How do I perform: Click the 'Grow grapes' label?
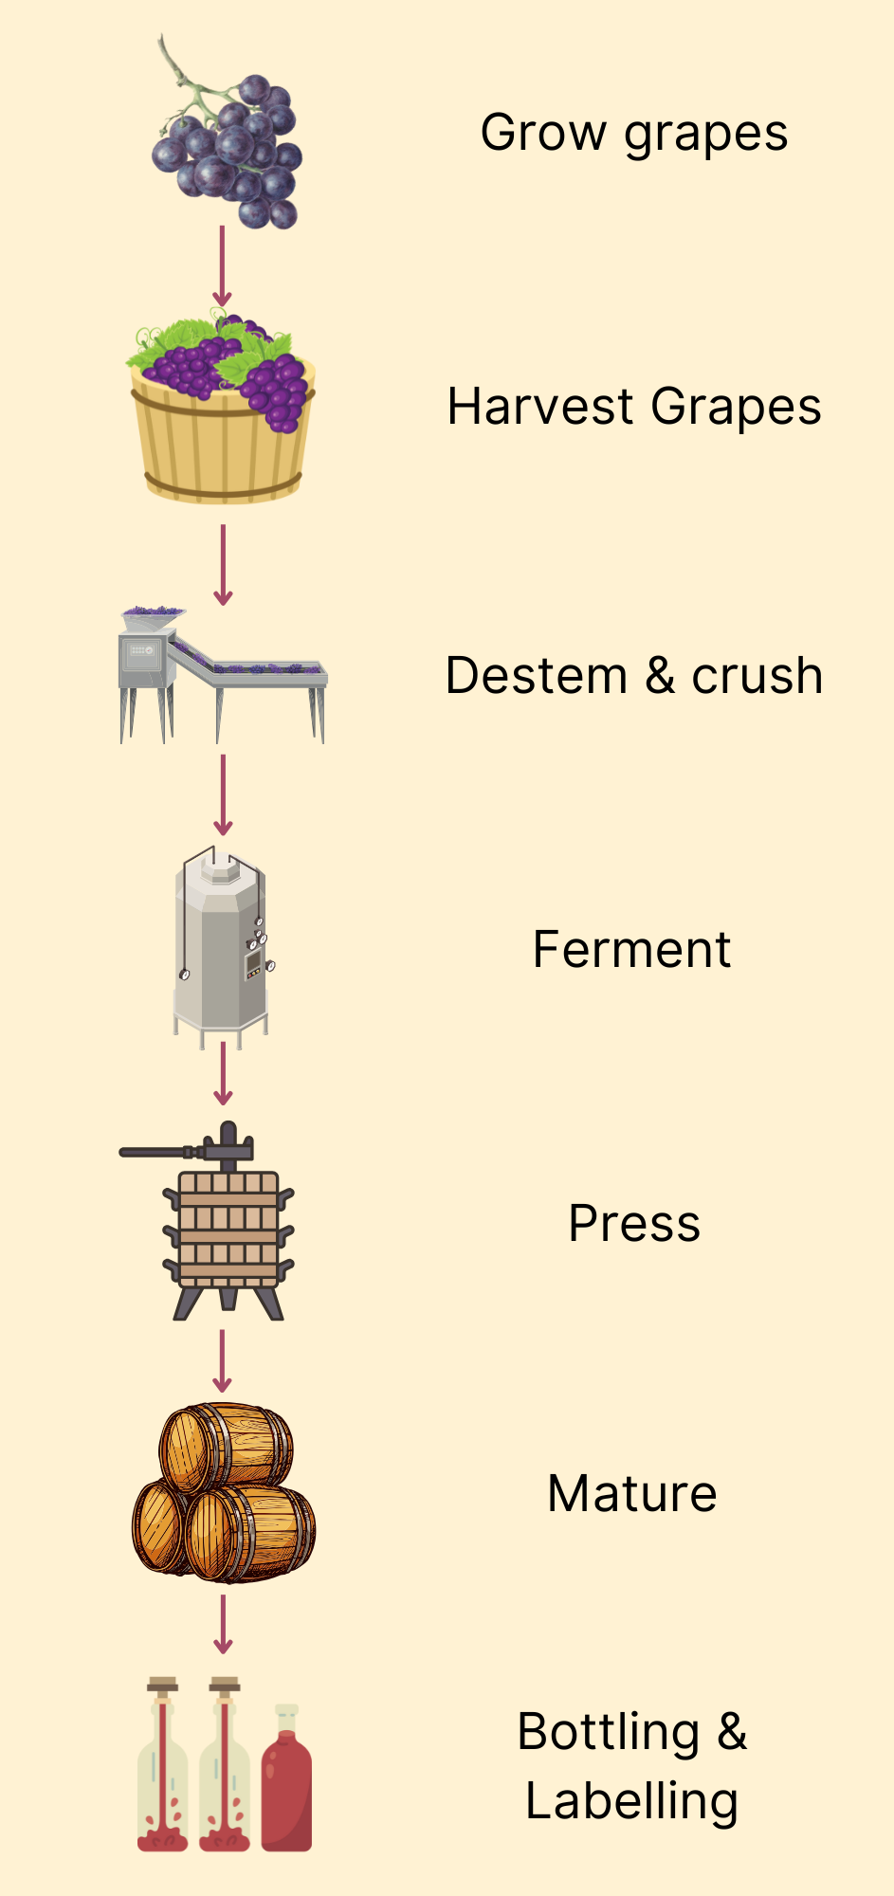click(633, 134)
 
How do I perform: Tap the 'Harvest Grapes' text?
click(633, 408)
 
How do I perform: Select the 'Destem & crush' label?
click(633, 676)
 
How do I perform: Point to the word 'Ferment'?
click(631, 950)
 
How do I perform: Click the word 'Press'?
click(634, 1223)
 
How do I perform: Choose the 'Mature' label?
click(632, 1494)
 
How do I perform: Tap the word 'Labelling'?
click(631, 1801)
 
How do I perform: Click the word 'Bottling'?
click(609, 1733)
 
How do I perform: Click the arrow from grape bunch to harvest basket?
click(222, 265)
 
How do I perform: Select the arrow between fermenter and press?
click(223, 1073)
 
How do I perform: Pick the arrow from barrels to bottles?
click(223, 1624)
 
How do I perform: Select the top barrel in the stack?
click(226, 1447)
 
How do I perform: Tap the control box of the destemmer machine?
click(142, 656)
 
